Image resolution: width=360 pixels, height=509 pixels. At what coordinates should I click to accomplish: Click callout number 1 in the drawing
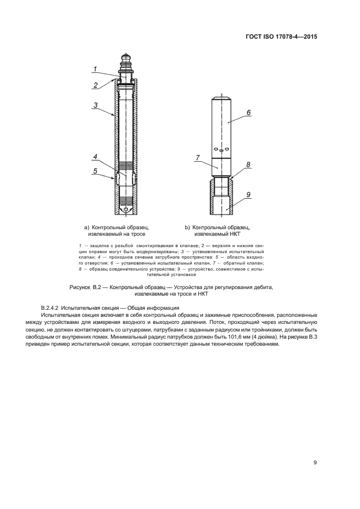coord(95,69)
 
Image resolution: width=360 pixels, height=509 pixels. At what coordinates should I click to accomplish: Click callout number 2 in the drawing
coord(96,85)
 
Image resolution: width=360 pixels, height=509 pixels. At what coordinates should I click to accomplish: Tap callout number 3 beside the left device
coord(95,105)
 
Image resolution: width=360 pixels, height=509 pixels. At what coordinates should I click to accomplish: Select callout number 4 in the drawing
coord(95,157)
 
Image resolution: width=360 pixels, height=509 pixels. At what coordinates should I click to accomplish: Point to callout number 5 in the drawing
coord(95,171)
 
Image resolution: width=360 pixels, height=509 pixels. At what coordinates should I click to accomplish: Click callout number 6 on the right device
coord(249,113)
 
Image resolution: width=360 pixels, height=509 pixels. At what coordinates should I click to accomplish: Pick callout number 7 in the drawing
coord(198,158)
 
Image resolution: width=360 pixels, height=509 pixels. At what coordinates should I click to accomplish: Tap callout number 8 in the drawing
coord(248,164)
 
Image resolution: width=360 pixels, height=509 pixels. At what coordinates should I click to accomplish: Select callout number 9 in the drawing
coord(248,195)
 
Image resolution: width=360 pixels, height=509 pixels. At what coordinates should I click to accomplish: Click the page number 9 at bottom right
coord(315,463)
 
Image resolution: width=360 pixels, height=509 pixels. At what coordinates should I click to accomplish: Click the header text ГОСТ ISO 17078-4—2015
coord(281,36)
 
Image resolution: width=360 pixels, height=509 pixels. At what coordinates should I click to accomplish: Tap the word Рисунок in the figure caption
coord(80,287)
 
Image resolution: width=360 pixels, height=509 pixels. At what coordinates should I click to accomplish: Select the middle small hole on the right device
coord(221,151)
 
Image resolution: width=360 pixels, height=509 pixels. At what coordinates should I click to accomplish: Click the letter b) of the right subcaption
coord(187,228)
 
